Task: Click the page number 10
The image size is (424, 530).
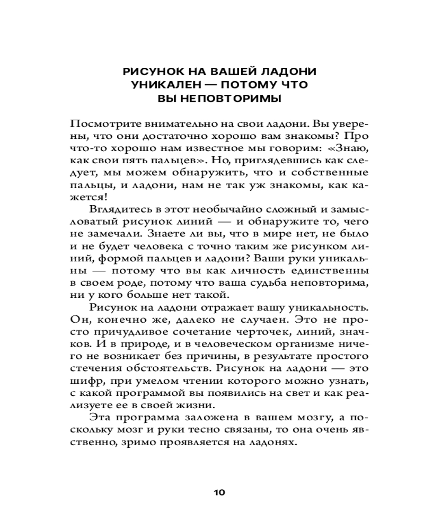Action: [219, 492]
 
